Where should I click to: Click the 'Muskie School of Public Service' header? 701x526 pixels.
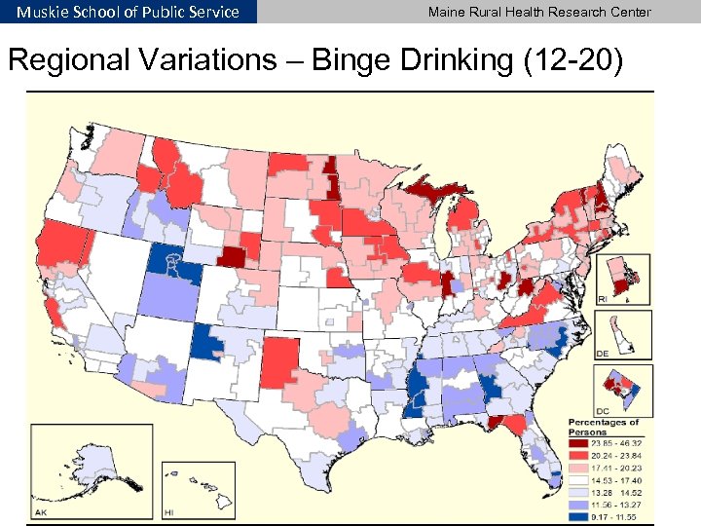(x=128, y=12)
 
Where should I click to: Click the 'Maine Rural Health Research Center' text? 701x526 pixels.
(x=539, y=12)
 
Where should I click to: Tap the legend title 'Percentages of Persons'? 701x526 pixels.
(x=604, y=426)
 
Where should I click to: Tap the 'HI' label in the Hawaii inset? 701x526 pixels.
(x=169, y=511)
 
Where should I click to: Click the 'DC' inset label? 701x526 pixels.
(x=603, y=410)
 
